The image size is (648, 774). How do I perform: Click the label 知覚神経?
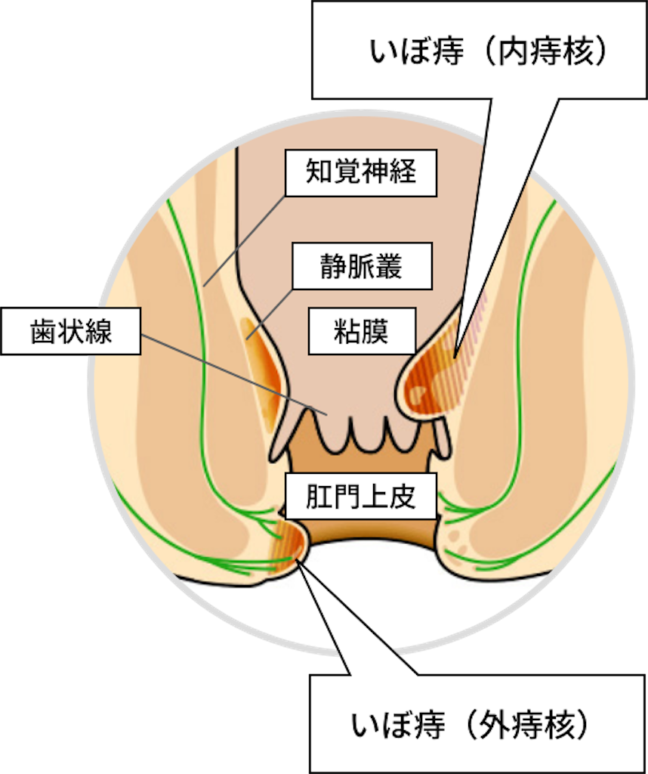pyautogui.click(x=361, y=173)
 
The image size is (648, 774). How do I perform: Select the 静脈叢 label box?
pyautogui.click(x=362, y=266)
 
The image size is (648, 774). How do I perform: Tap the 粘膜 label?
pyautogui.click(x=362, y=331)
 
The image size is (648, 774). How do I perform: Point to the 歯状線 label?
pyautogui.click(x=71, y=331)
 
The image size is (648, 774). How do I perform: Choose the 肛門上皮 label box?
pyautogui.click(x=361, y=496)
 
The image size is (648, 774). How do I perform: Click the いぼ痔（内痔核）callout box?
pyautogui.click(x=480, y=50)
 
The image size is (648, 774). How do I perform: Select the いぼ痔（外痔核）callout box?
pyautogui.click(x=477, y=723)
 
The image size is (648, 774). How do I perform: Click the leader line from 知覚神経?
pyautogui.click(x=245, y=241)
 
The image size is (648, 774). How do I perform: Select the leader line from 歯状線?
pyautogui.click(x=234, y=374)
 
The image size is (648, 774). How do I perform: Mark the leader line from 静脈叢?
pyautogui.click(x=270, y=314)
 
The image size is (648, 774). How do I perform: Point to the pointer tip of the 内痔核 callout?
pyautogui.click(x=455, y=357)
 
